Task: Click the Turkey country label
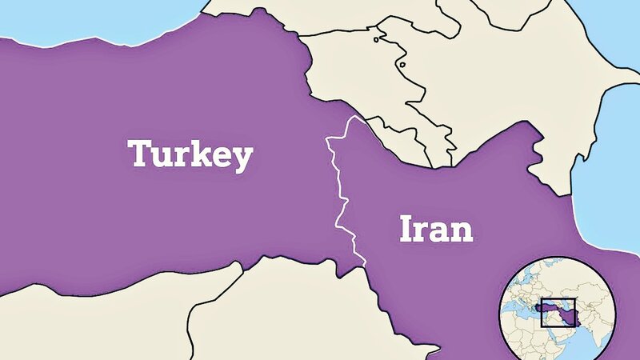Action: pos(190,155)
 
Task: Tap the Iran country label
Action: pos(435,230)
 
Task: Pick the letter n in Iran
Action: pos(462,232)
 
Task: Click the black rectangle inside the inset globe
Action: pos(560,311)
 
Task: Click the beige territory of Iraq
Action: pos(320,312)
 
